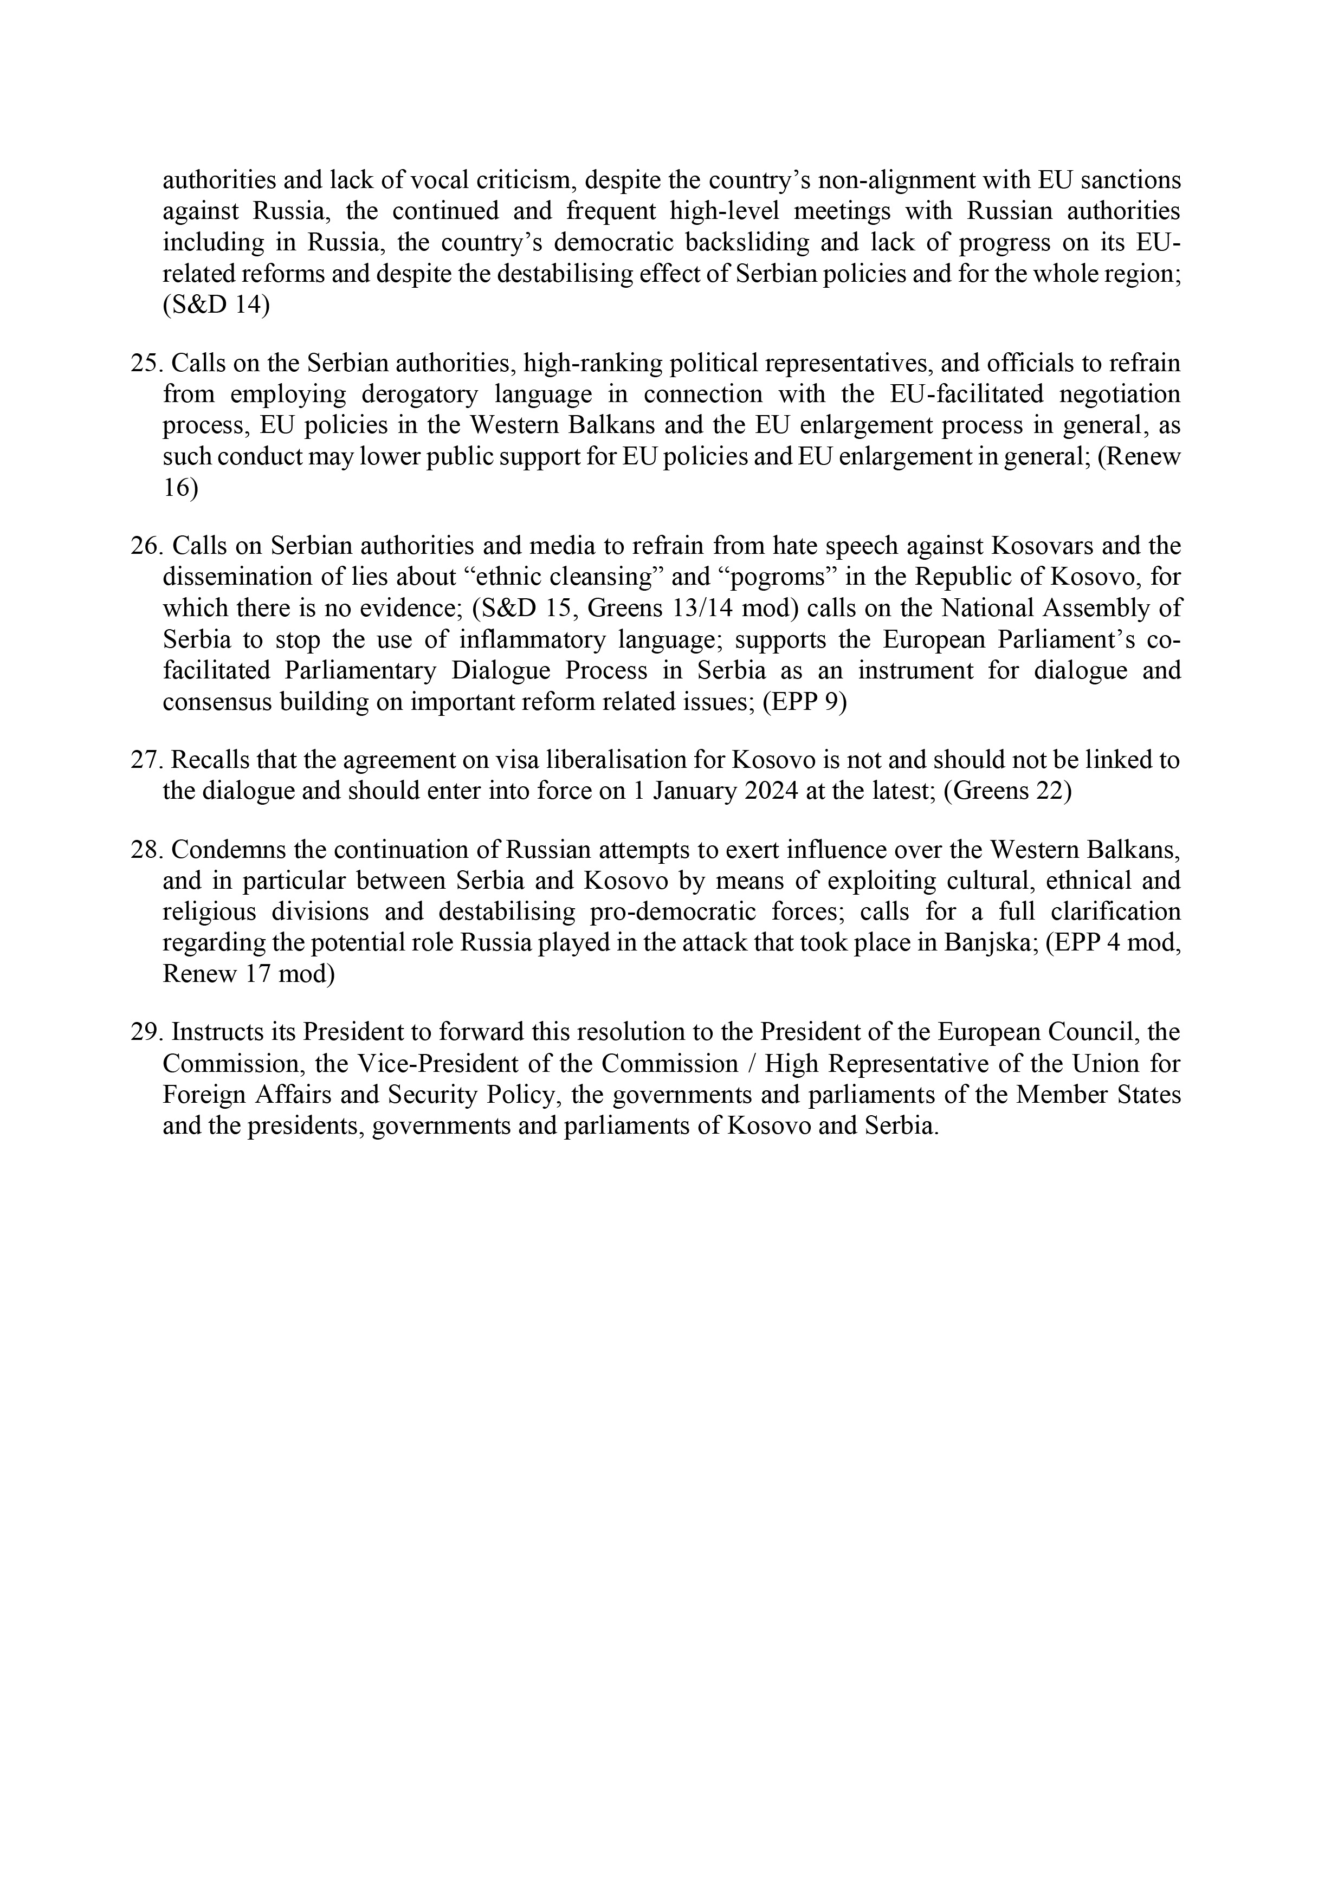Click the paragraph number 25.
point(146,364)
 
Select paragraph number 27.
point(146,760)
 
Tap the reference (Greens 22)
point(1007,792)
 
